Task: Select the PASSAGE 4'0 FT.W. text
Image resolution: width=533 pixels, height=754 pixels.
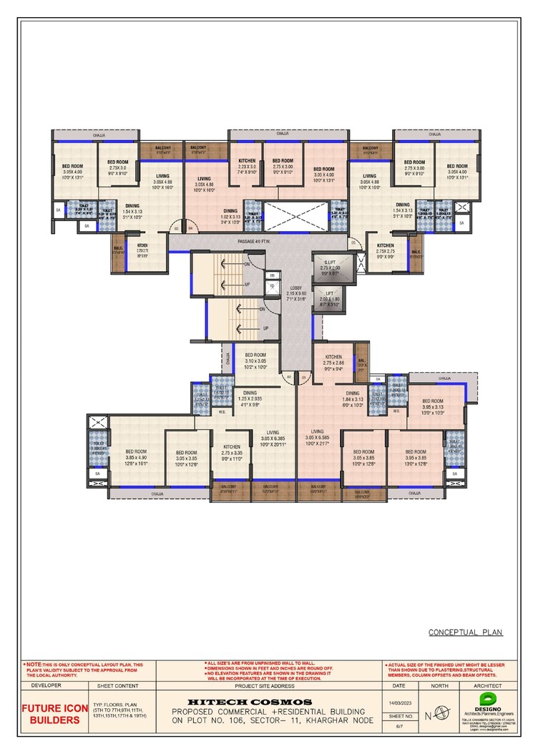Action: tap(258, 242)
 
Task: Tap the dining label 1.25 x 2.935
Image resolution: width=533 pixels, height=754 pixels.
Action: tap(250, 398)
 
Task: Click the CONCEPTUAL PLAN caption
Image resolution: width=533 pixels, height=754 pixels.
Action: tap(465, 632)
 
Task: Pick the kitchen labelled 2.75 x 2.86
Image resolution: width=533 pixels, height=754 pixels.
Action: tap(333, 363)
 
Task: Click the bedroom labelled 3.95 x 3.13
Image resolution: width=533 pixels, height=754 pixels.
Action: tap(434, 406)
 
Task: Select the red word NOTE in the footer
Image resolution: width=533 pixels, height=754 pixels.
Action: tap(34, 665)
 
